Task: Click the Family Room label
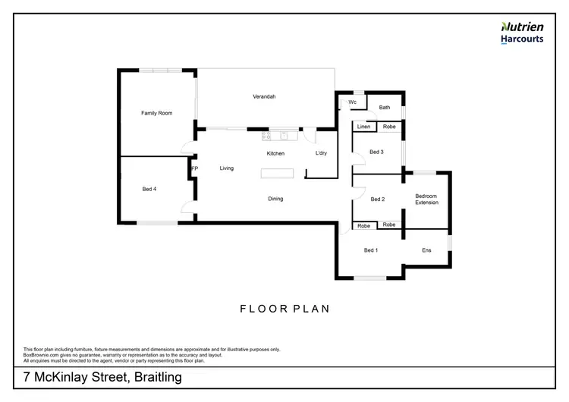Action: pyautogui.click(x=157, y=113)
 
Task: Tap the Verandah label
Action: pyautogui.click(x=264, y=96)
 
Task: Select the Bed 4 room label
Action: pyautogui.click(x=149, y=189)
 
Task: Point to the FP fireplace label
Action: pyautogui.click(x=195, y=168)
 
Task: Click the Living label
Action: pyautogui.click(x=227, y=168)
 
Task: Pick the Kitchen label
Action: pyautogui.click(x=275, y=154)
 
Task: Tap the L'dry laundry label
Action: pyautogui.click(x=321, y=154)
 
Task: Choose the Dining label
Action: pyautogui.click(x=275, y=199)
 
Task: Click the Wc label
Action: pyautogui.click(x=353, y=102)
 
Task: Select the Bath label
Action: pyautogui.click(x=385, y=108)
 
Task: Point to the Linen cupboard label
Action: pyautogui.click(x=363, y=127)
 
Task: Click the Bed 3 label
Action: pyautogui.click(x=376, y=152)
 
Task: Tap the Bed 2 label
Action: pyautogui.click(x=377, y=199)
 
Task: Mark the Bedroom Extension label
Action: pyautogui.click(x=426, y=200)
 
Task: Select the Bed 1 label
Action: pyautogui.click(x=370, y=250)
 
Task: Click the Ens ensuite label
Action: pyautogui.click(x=426, y=250)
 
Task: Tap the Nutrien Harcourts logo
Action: pyautogui.click(x=521, y=32)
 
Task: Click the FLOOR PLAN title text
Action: pyautogui.click(x=284, y=309)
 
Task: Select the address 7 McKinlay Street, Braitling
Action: pyautogui.click(x=102, y=377)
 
